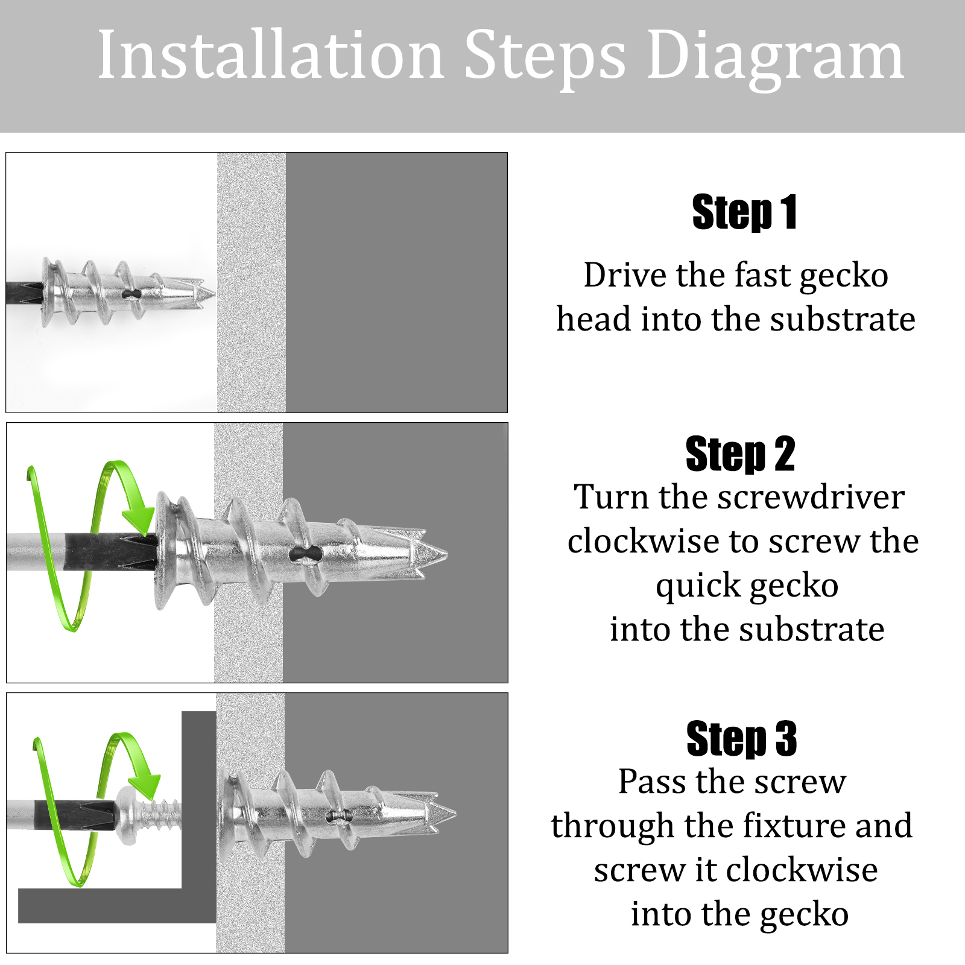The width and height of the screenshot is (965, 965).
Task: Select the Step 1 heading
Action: coord(745,212)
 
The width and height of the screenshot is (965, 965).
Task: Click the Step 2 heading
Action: coord(741,454)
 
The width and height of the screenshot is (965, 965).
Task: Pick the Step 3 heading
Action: coord(742,738)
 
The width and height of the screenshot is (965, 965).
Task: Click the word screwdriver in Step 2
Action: coord(811,497)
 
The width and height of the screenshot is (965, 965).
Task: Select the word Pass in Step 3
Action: coord(652,782)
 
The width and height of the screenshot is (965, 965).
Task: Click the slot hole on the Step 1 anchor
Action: coord(131,294)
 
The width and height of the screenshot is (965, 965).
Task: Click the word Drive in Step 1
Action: coord(625,275)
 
